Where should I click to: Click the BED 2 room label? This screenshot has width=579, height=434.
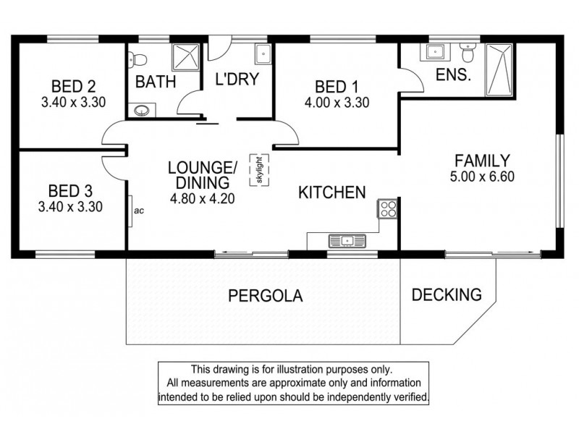[x=74, y=86]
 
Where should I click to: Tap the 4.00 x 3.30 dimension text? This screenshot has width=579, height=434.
[x=337, y=103]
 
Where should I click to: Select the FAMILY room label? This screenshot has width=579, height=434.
[x=482, y=161]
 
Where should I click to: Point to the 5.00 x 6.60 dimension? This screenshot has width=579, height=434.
[x=482, y=176]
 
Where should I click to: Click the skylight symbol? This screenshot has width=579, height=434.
[x=259, y=170]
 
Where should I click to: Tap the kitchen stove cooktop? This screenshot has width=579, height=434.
[x=387, y=208]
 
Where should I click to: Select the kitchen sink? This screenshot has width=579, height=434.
[x=347, y=241]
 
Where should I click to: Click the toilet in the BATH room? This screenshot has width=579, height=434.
[x=138, y=60]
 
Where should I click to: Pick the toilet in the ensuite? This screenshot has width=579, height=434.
[x=468, y=52]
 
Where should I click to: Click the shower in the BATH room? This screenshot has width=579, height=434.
[x=186, y=57]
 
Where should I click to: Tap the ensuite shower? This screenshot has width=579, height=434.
[x=499, y=69]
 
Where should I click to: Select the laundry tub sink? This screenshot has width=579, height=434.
[x=263, y=54]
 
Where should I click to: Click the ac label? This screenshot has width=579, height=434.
[x=139, y=210]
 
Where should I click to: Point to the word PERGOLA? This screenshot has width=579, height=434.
[x=266, y=296]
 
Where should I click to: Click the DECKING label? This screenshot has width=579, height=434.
[x=447, y=294]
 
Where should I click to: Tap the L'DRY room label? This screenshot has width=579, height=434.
[x=237, y=79]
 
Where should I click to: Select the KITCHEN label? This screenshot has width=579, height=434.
[x=332, y=192]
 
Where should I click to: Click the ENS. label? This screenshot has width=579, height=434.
[x=454, y=75]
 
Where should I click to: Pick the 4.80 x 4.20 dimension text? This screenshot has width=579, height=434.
[x=203, y=198]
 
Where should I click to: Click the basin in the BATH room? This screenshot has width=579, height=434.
[x=141, y=111]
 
